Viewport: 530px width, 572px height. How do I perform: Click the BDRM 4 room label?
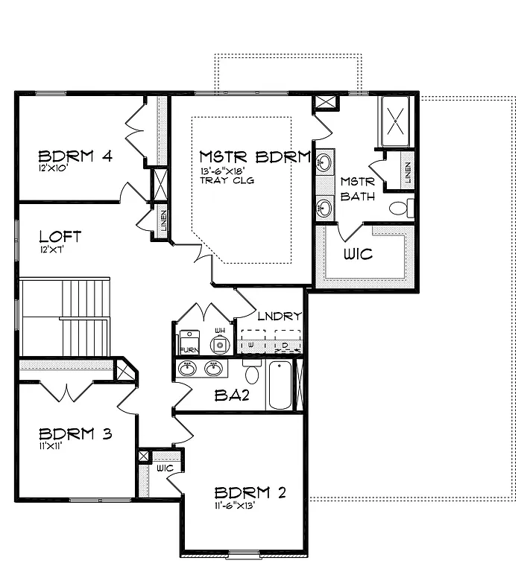click(x=75, y=156)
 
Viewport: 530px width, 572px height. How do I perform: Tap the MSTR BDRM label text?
click(x=254, y=157)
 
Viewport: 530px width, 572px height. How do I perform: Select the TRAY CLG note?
click(x=218, y=180)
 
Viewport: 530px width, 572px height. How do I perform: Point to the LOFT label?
click(x=60, y=237)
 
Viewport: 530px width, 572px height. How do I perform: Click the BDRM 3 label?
click(x=75, y=433)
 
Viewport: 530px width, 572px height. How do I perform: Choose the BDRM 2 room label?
click(x=250, y=492)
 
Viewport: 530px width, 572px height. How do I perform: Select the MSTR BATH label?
click(x=356, y=189)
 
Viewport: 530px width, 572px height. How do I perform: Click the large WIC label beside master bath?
click(x=358, y=254)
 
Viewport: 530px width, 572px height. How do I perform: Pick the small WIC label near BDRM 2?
click(x=164, y=468)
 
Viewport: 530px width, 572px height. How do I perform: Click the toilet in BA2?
click(x=252, y=373)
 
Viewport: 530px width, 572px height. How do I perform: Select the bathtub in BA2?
click(x=281, y=385)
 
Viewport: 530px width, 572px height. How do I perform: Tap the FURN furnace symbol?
click(x=189, y=343)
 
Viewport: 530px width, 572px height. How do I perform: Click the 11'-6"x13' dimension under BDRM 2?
click(x=235, y=506)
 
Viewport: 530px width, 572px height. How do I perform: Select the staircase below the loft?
click(x=66, y=317)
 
